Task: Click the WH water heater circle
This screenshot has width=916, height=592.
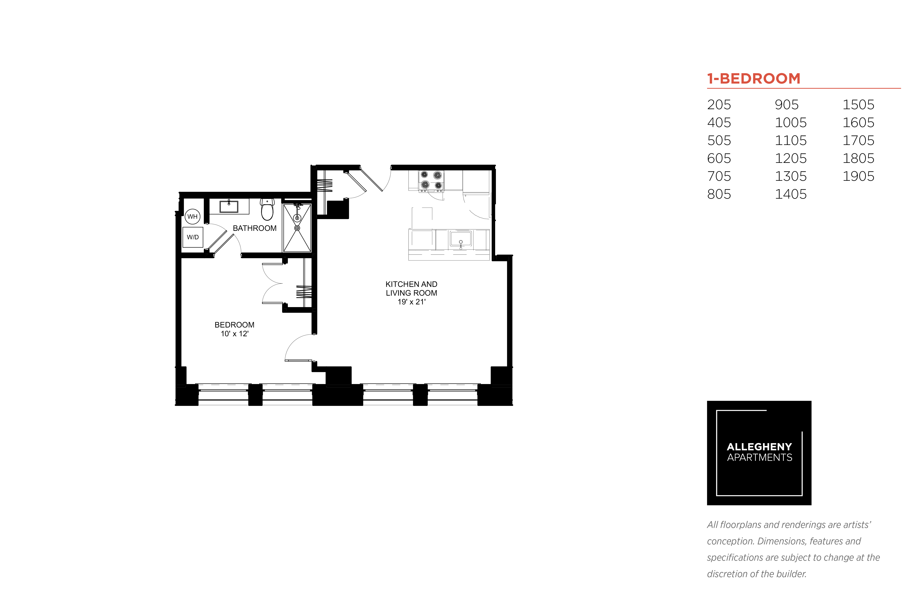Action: coord(192,216)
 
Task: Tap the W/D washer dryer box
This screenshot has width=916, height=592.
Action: coord(193,237)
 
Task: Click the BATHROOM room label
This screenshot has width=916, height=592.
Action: coord(255,228)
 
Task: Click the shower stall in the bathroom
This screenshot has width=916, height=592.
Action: coord(297,228)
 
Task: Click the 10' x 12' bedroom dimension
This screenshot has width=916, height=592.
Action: coord(235,334)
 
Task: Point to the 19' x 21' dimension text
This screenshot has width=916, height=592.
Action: coord(412,302)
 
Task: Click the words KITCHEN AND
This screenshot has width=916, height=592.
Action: coord(412,284)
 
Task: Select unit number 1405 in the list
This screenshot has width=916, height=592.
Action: coord(791,194)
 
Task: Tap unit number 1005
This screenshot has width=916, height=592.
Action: coord(791,123)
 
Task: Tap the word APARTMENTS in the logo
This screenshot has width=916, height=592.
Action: coord(760,457)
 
